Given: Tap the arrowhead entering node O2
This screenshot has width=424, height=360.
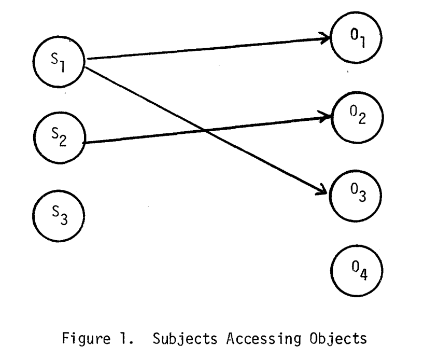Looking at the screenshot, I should click(x=326, y=118).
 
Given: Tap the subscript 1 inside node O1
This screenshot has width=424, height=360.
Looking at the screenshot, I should click(x=361, y=43).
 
